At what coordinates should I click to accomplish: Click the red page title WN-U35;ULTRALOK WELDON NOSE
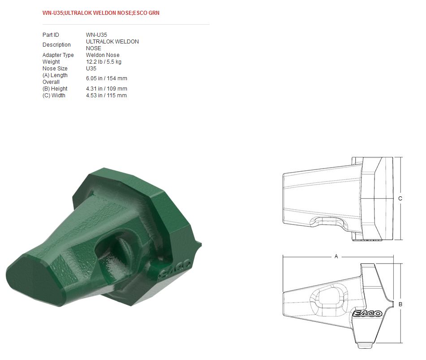click(x=101, y=13)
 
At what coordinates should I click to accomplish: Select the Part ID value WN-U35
click(x=96, y=35)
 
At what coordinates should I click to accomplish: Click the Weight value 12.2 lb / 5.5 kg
click(x=103, y=62)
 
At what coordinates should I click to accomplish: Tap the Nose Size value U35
click(x=91, y=69)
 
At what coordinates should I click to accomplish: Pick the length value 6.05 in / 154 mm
click(x=107, y=78)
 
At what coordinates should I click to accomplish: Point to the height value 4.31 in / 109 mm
click(x=107, y=89)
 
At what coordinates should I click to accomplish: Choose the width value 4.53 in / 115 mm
click(x=106, y=95)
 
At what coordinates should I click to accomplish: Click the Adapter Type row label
click(x=58, y=55)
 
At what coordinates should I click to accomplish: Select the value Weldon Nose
click(x=103, y=55)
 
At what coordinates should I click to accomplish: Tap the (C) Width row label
click(x=54, y=95)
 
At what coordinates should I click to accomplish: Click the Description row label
click(x=56, y=45)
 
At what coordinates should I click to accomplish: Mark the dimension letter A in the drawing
click(x=336, y=256)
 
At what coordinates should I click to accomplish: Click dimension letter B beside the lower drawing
click(x=400, y=304)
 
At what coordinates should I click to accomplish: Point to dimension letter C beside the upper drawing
click(x=400, y=198)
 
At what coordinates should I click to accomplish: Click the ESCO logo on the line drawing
click(x=367, y=313)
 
